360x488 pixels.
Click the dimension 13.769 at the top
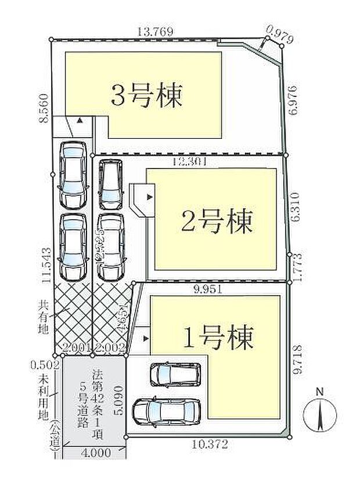tap(156, 33)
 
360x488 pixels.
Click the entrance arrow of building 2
tap(149, 198)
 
